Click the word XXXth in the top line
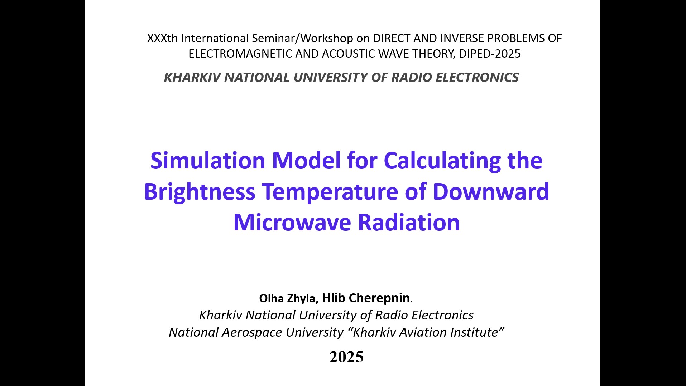[x=162, y=38]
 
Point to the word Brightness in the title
[x=200, y=192]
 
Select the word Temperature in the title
[x=330, y=192]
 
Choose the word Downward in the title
[x=491, y=191]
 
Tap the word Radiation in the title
[x=409, y=222]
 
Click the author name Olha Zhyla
[x=287, y=298]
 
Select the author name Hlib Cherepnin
[x=366, y=298]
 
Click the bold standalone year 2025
[x=346, y=357]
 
